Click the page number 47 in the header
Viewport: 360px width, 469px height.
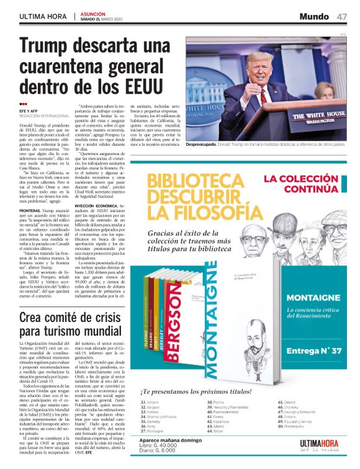[342, 16]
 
